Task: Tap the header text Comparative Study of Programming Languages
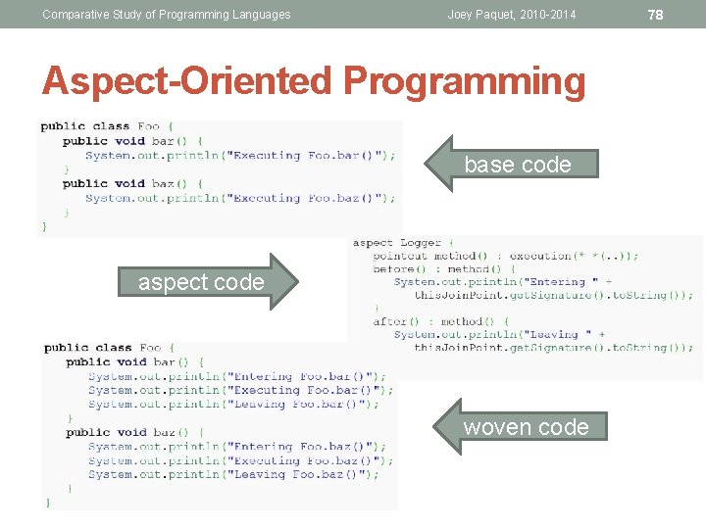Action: pyautogui.click(x=167, y=14)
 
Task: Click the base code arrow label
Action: pyautogui.click(x=517, y=165)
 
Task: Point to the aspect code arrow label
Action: pyautogui.click(x=201, y=282)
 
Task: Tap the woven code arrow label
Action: pyautogui.click(x=526, y=426)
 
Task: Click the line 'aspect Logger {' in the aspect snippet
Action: pyautogui.click(x=403, y=243)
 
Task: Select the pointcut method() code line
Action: pyautogui.click(x=505, y=256)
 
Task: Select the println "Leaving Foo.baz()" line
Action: pyautogui.click(x=233, y=474)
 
